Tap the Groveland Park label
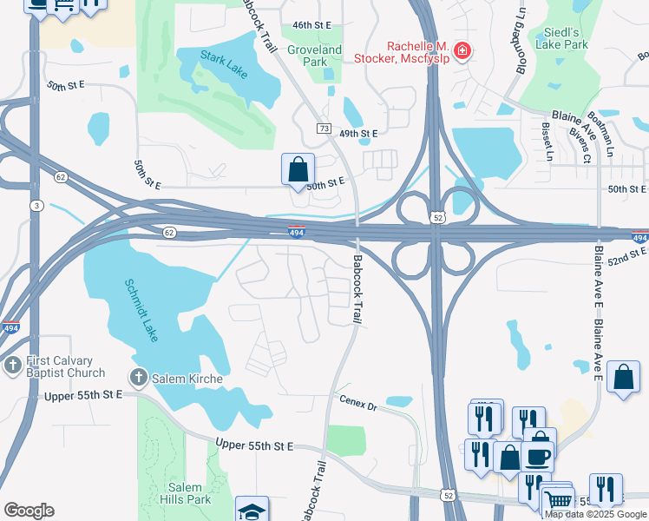(314, 56)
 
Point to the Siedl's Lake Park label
(562, 38)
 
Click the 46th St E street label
(314, 26)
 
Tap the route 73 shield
(324, 129)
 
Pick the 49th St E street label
(358, 134)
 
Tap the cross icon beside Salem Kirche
(138, 378)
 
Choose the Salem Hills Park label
(185, 493)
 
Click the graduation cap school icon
(252, 511)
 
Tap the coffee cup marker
(537, 455)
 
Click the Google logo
(29, 511)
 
